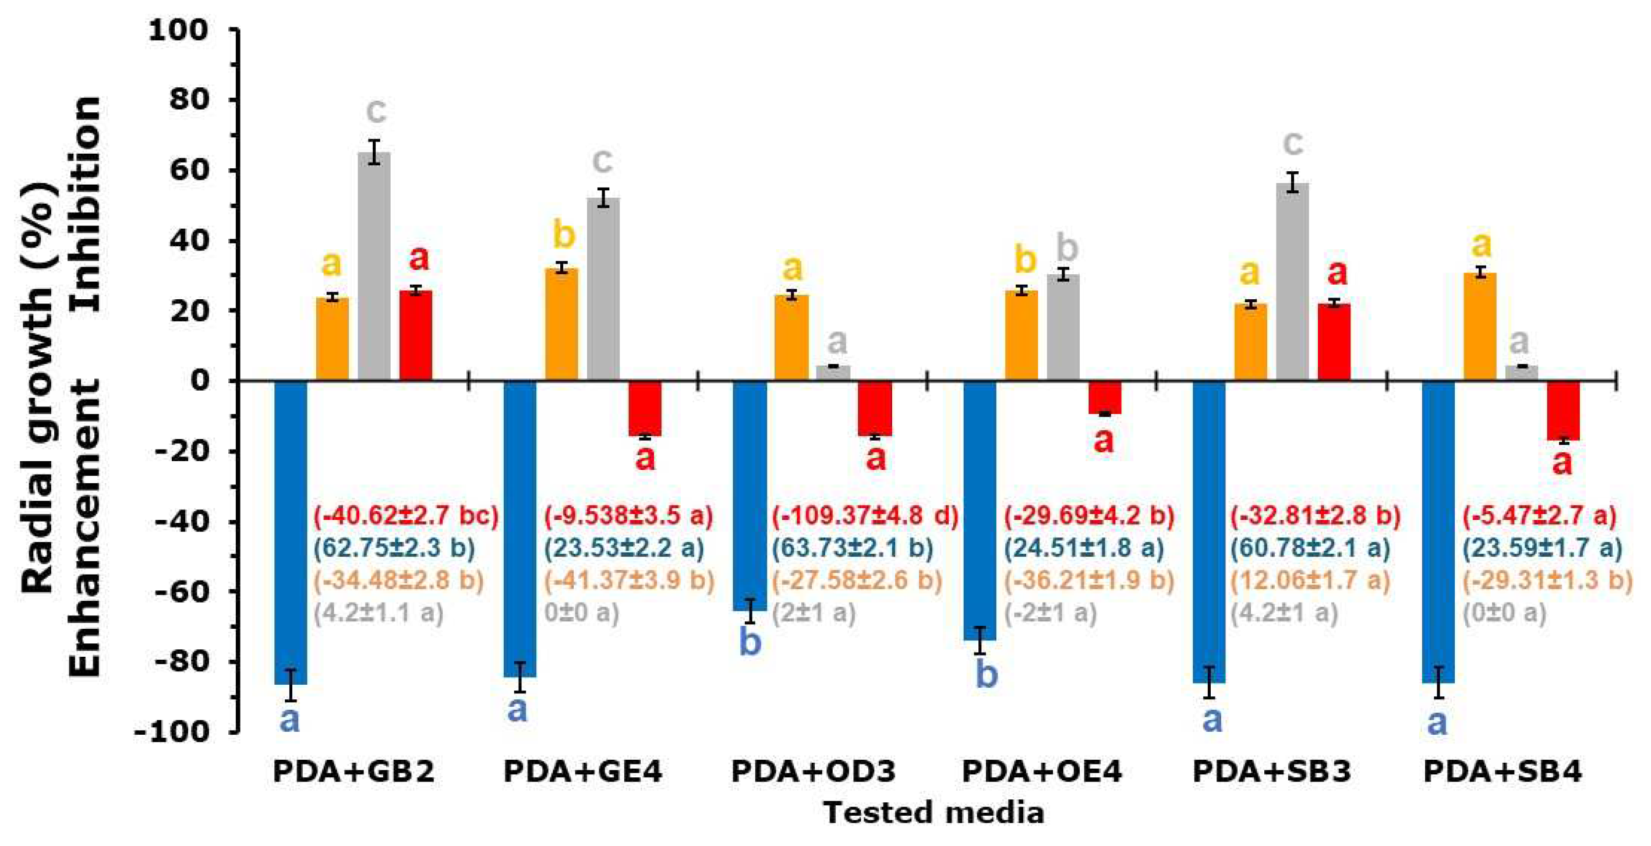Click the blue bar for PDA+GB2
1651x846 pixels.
(x=291, y=532)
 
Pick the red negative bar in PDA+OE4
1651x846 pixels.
(x=1105, y=397)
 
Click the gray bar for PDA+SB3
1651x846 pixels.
(x=1293, y=282)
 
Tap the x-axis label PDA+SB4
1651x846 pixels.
(x=1502, y=771)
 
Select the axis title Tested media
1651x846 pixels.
(x=933, y=813)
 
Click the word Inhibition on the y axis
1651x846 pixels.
(x=86, y=204)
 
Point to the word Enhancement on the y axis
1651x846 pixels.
(x=86, y=527)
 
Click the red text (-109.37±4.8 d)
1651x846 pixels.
(x=865, y=515)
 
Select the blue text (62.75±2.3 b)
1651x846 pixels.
(x=394, y=548)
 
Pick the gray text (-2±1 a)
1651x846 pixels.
(x=1051, y=613)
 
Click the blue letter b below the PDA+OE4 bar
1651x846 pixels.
(x=987, y=674)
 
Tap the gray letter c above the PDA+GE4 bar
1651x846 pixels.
(x=602, y=161)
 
